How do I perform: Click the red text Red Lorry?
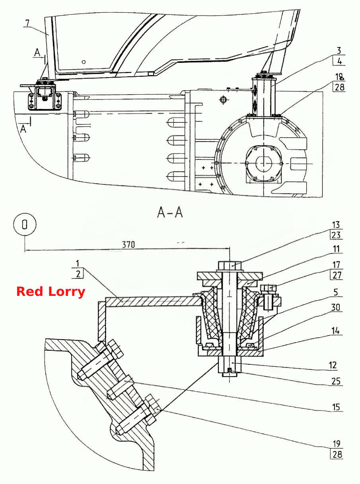[x=51, y=292]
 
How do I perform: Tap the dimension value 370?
[x=128, y=245]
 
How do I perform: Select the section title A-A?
[x=170, y=212]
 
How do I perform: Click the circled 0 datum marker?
[x=25, y=224]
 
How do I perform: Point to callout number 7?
[x=27, y=23]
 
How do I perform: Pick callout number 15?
[x=336, y=407]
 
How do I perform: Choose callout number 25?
[x=336, y=381]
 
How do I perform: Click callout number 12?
[x=333, y=365]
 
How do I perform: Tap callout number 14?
[x=336, y=330]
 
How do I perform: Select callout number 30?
[x=336, y=307]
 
